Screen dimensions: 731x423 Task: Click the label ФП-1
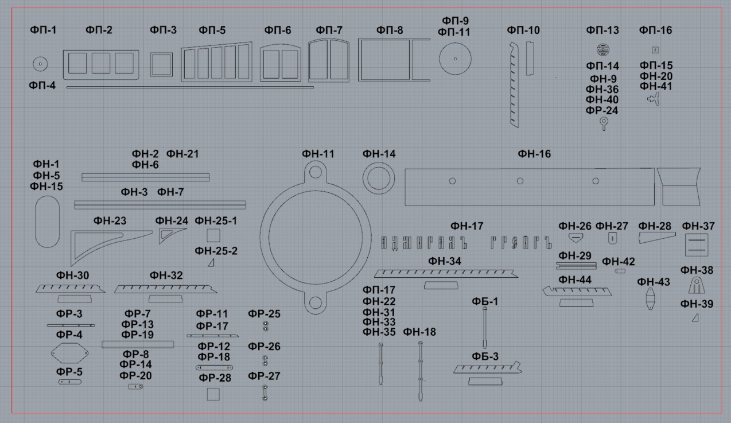[x=44, y=30]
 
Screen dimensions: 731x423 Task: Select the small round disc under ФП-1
[x=41, y=64]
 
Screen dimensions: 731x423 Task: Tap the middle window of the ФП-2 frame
[x=101, y=63]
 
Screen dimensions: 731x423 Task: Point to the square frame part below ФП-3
[x=162, y=65]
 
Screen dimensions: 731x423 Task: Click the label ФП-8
[x=390, y=30]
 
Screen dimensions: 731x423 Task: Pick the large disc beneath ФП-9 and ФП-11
[x=455, y=59]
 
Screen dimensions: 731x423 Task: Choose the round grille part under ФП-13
[x=602, y=49]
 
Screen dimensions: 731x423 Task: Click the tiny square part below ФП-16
[x=655, y=50]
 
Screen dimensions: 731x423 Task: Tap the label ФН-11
[x=318, y=154]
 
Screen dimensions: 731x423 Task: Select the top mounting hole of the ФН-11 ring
[x=316, y=172]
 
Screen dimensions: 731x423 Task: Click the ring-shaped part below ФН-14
[x=379, y=178]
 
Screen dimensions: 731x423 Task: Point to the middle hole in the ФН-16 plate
[x=520, y=181]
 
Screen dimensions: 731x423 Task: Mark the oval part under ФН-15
[x=48, y=222]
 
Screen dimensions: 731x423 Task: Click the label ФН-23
[x=110, y=221]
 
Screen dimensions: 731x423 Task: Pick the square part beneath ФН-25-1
[x=213, y=235]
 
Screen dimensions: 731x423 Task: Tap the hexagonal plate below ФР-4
[x=70, y=353]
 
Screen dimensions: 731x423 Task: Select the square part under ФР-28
[x=213, y=394]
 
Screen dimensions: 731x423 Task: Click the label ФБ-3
[x=485, y=356]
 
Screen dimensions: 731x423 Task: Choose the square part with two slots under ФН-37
[x=697, y=245]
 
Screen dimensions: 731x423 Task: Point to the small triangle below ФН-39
[x=695, y=317]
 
